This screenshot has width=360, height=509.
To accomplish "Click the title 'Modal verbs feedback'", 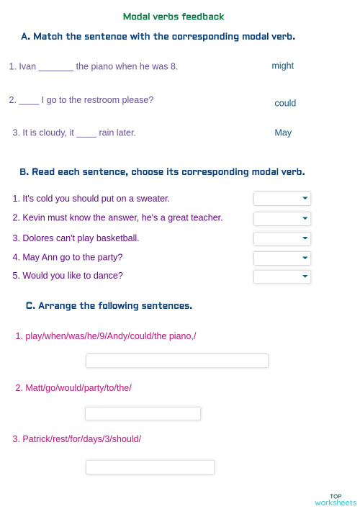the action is pos(174,17).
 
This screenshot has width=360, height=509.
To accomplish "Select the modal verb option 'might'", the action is pos(282,66).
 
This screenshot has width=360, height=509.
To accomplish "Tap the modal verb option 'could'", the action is pos(285,103).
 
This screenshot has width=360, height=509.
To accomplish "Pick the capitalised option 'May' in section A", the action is pos(283,132).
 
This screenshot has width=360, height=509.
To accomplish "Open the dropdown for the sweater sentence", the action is pos(282,199).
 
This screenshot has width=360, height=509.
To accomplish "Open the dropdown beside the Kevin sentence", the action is pos(282,218).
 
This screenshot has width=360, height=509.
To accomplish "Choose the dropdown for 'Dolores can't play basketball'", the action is pos(282,238).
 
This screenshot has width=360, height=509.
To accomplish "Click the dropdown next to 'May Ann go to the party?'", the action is pos(282,258).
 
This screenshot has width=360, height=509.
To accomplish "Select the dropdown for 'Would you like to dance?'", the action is pos(282,276).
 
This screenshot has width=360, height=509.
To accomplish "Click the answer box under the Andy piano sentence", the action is pos(176,361).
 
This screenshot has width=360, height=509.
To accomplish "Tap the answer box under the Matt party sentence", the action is pos(143,413).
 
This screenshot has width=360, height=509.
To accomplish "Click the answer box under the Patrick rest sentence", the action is pos(150,467).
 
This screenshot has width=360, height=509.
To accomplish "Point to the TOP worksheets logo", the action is pos(335,499).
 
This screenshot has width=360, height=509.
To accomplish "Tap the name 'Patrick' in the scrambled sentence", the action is pos(37,438).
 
